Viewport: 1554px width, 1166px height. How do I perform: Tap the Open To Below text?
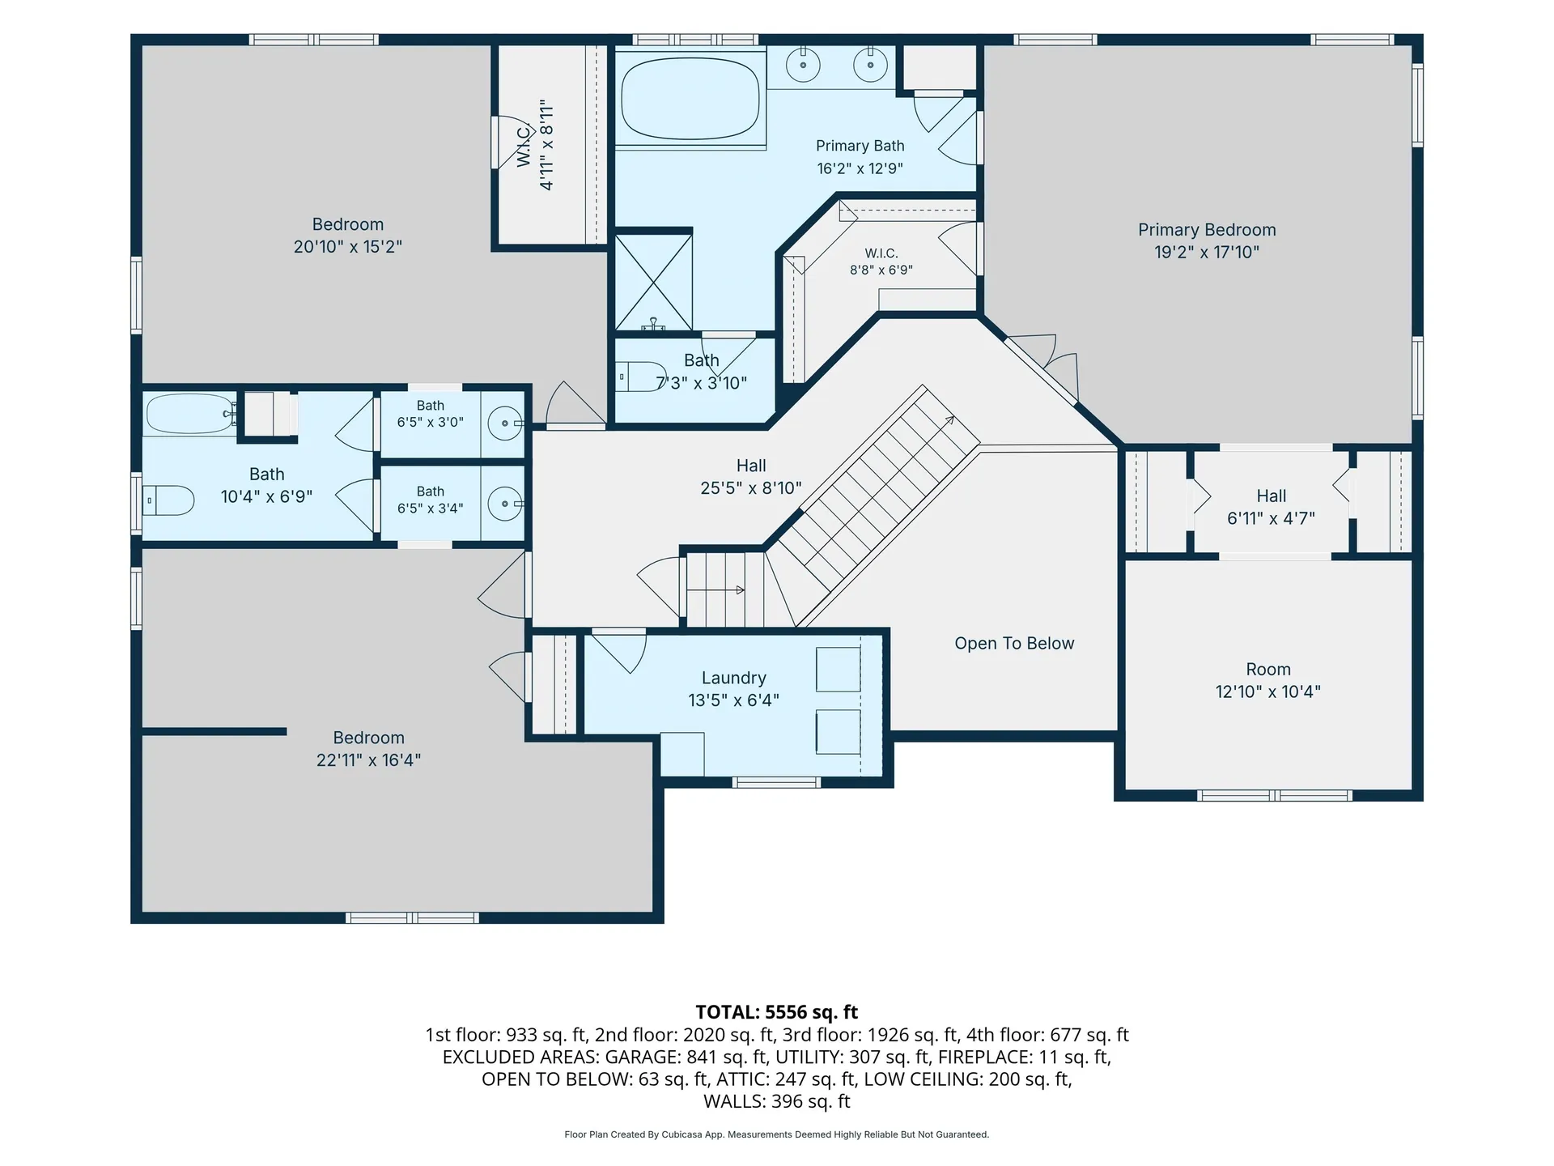1014,644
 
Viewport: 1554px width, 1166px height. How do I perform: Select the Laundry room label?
733,679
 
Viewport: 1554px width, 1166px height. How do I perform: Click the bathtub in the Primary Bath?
690,100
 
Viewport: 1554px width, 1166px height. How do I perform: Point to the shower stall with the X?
654,282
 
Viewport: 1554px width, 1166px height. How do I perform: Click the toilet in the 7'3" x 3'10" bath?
640,377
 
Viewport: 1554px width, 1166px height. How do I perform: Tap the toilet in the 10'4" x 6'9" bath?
168,500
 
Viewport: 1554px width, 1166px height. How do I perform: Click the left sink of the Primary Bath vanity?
803,66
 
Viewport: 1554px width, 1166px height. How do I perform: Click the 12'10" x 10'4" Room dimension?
1268,692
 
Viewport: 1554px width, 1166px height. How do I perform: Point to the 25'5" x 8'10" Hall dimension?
751,488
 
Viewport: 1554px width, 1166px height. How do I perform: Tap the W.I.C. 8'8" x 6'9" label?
881,262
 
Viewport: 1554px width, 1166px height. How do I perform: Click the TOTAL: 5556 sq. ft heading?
777,1012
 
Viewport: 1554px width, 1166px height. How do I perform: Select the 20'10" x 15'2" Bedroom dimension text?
348,247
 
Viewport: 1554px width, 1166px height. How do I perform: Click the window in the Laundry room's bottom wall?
776,782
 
